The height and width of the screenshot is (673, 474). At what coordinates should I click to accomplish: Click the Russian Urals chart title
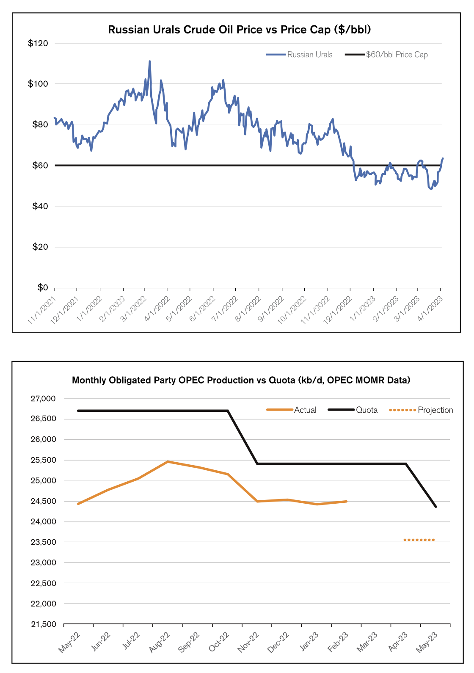click(240, 30)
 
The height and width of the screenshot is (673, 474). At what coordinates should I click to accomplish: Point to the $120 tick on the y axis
click(38, 43)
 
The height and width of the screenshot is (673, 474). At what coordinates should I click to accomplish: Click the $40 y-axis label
click(40, 207)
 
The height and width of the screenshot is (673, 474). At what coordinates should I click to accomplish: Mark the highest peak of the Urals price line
click(149, 61)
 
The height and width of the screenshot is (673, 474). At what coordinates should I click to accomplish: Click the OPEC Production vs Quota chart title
click(241, 380)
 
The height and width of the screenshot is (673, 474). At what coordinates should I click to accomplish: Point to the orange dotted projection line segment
click(419, 540)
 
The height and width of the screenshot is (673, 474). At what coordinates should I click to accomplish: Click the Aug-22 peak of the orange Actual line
click(168, 461)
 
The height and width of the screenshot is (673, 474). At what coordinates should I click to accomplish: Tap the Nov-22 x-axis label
click(249, 642)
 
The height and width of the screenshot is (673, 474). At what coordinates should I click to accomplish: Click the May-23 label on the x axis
click(427, 642)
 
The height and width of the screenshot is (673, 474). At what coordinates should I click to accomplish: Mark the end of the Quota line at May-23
click(435, 507)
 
